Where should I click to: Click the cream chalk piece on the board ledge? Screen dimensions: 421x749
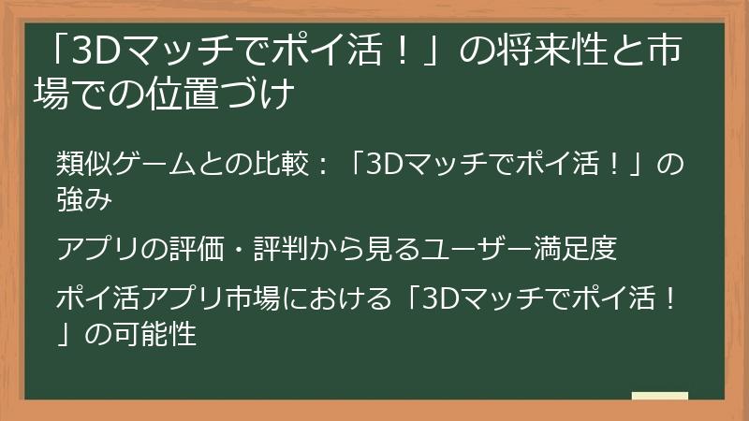click(660, 396)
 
